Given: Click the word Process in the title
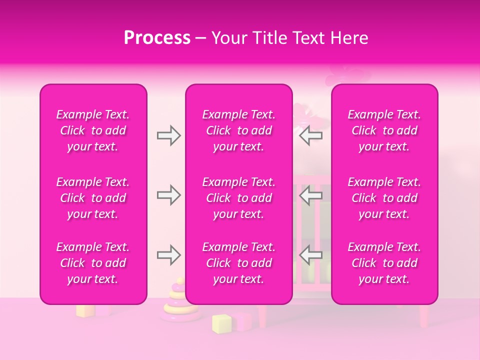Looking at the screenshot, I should pyautogui.click(x=157, y=38).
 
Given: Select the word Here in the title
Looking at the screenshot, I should pyautogui.click(x=349, y=38).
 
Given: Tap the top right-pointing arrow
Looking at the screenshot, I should pyautogui.click(x=168, y=135).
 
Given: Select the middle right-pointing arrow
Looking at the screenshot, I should pyautogui.click(x=168, y=195).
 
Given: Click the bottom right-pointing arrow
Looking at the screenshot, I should pyautogui.click(x=168, y=255).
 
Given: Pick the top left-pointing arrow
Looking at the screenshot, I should pyautogui.click(x=310, y=135).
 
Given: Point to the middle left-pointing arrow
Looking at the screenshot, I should pyautogui.click(x=310, y=195).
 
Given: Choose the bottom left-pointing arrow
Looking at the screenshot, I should pyautogui.click(x=310, y=255).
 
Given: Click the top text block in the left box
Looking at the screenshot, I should pyautogui.click(x=93, y=130).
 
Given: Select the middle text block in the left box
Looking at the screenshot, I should pyautogui.click(x=93, y=198).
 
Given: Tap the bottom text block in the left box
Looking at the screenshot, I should pyautogui.click(x=93, y=263).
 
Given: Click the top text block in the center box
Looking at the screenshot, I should pyautogui.click(x=239, y=130).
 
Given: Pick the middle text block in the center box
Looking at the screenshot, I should pyautogui.click(x=239, y=198).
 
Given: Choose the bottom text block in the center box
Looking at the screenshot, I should pyautogui.click(x=239, y=263).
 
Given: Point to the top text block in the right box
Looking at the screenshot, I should pyautogui.click(x=384, y=130).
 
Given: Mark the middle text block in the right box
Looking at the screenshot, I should pyautogui.click(x=384, y=198).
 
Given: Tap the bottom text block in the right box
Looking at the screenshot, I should pyautogui.click(x=384, y=263).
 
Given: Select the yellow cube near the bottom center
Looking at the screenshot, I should pyautogui.click(x=221, y=323).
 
